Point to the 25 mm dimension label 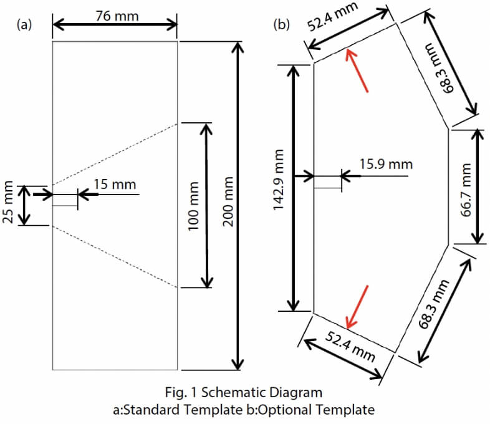click(9, 203)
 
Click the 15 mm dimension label click(115, 184)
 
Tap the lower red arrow click(358, 306)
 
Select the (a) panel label click(24, 26)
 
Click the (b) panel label click(282, 25)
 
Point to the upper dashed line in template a click(115, 153)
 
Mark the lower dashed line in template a click(115, 257)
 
